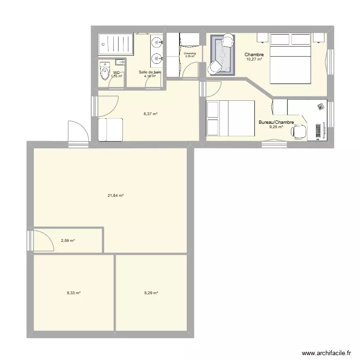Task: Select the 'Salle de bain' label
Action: (150, 72)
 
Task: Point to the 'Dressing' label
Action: (190, 53)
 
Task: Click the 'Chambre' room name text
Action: (254, 55)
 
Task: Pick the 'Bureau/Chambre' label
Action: (276, 123)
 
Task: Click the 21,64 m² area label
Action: (116, 195)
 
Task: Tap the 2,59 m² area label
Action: (68, 240)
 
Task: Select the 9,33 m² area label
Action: (73, 293)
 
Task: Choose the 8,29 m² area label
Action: (151, 293)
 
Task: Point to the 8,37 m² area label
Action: (150, 114)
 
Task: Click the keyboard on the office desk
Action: (318, 131)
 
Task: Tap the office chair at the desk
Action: (300, 131)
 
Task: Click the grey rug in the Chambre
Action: (223, 55)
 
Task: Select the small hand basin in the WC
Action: (120, 62)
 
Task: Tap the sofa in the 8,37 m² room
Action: (110, 130)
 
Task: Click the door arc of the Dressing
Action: (191, 71)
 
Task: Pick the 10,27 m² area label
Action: (254, 60)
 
